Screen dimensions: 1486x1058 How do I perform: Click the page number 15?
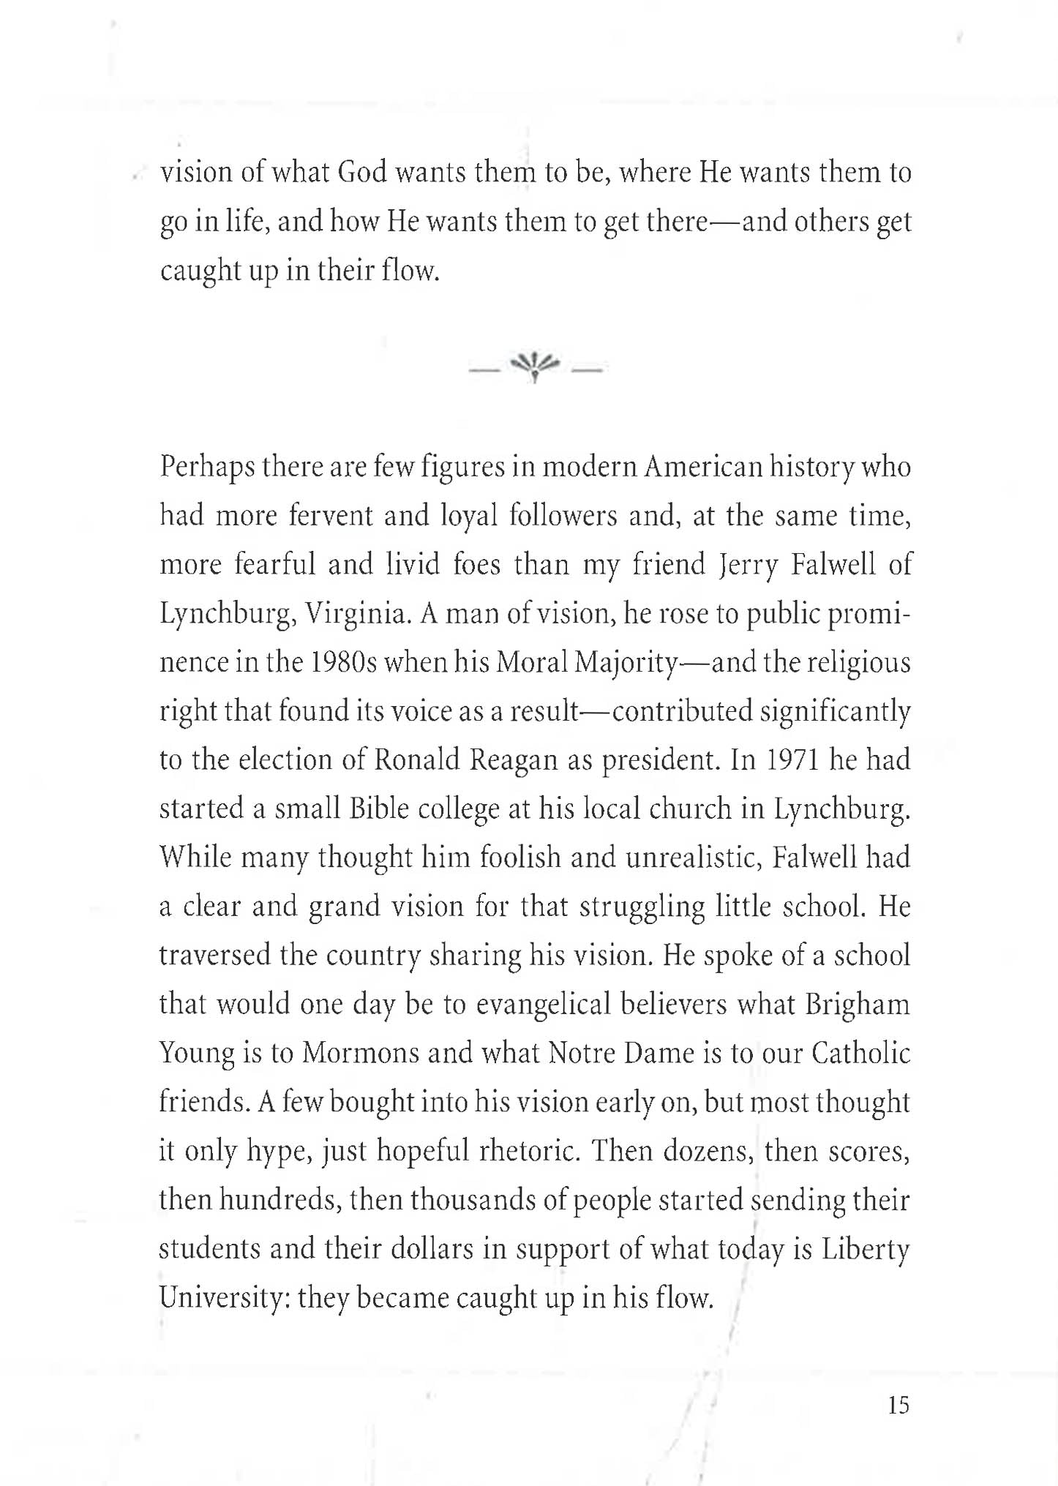[898, 1405]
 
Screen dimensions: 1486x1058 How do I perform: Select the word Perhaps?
[206, 467]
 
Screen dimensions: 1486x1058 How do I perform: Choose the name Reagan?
[514, 760]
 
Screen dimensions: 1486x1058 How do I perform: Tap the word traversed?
[215, 956]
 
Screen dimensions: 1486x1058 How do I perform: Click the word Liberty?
[865, 1249]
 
